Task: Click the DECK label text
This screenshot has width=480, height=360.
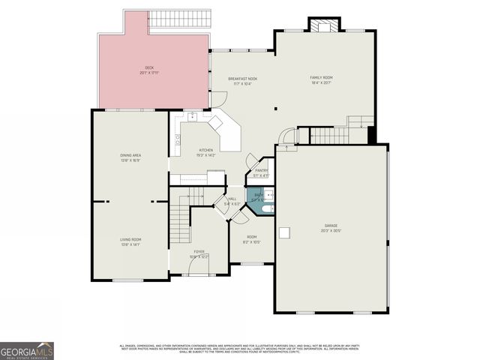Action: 149,69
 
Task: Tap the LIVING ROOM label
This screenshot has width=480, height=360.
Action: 130,241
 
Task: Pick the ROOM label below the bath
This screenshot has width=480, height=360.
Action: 252,238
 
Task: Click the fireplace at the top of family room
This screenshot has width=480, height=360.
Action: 324,25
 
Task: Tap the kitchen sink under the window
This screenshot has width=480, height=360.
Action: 193,116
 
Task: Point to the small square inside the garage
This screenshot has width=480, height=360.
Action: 285,232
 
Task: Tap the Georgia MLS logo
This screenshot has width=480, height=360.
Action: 27,350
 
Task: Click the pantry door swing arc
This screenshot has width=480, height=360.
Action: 252,160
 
